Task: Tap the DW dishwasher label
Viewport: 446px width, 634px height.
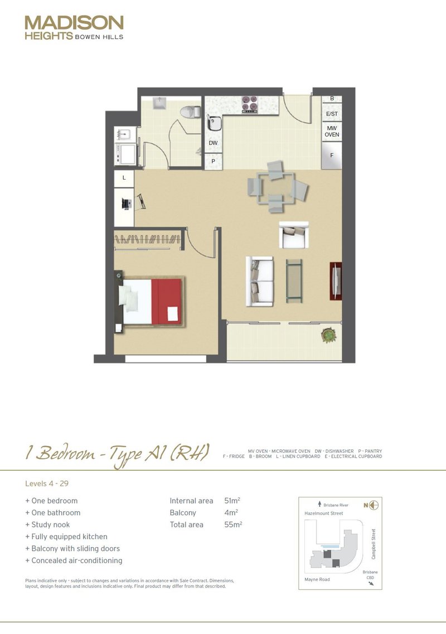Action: coord(213,143)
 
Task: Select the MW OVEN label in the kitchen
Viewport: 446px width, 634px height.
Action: coord(332,132)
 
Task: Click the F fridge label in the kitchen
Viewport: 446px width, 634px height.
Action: coord(332,156)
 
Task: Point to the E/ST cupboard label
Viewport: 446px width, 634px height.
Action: coord(332,114)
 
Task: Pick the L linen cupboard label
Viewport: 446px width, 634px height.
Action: coord(124,178)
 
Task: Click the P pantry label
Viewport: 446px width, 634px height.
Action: coord(213,162)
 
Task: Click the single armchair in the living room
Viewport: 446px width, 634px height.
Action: coord(294,235)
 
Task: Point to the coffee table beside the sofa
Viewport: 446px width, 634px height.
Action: coord(294,280)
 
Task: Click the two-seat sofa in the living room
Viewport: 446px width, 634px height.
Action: coord(259,281)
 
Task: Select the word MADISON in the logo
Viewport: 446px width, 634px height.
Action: coord(74,23)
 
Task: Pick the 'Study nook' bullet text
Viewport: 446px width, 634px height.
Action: coord(50,525)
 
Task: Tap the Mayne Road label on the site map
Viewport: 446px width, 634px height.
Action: coord(318,579)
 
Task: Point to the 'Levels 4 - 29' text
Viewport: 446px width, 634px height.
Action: coord(47,483)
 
